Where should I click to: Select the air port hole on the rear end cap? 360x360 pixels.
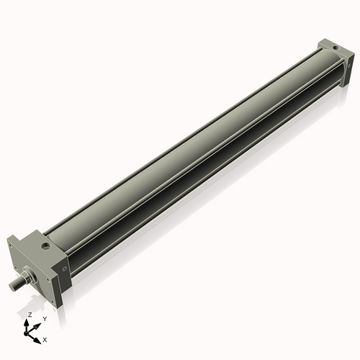(x=336, y=49)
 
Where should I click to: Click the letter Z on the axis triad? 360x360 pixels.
(x=30, y=315)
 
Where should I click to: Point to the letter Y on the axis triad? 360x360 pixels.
(x=45, y=318)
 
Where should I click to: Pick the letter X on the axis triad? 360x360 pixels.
(x=45, y=338)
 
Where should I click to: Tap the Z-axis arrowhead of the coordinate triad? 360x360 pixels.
(x=29, y=322)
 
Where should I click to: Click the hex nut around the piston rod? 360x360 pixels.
(x=30, y=275)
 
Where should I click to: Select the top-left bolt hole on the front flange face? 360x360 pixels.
(x=12, y=246)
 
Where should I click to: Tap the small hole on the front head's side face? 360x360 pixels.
(x=66, y=271)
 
